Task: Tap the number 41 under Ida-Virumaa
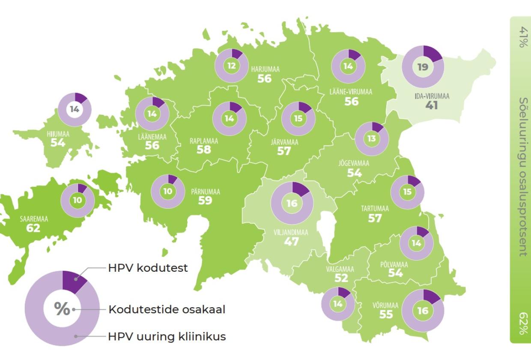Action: (x=432, y=105)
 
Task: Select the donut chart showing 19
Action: (x=423, y=66)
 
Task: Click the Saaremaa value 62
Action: (x=33, y=228)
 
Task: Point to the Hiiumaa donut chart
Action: (x=75, y=109)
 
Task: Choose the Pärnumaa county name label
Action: (x=205, y=192)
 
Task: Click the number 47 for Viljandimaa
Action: (x=292, y=241)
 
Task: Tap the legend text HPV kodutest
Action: (x=148, y=268)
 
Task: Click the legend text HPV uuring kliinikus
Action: (x=167, y=336)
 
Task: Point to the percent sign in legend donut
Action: (x=62, y=309)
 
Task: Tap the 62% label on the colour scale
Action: (x=523, y=324)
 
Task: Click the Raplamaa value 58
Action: (x=204, y=150)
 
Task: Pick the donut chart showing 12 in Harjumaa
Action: (x=232, y=66)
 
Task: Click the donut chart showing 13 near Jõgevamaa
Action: (x=372, y=138)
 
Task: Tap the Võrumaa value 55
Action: (x=386, y=315)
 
